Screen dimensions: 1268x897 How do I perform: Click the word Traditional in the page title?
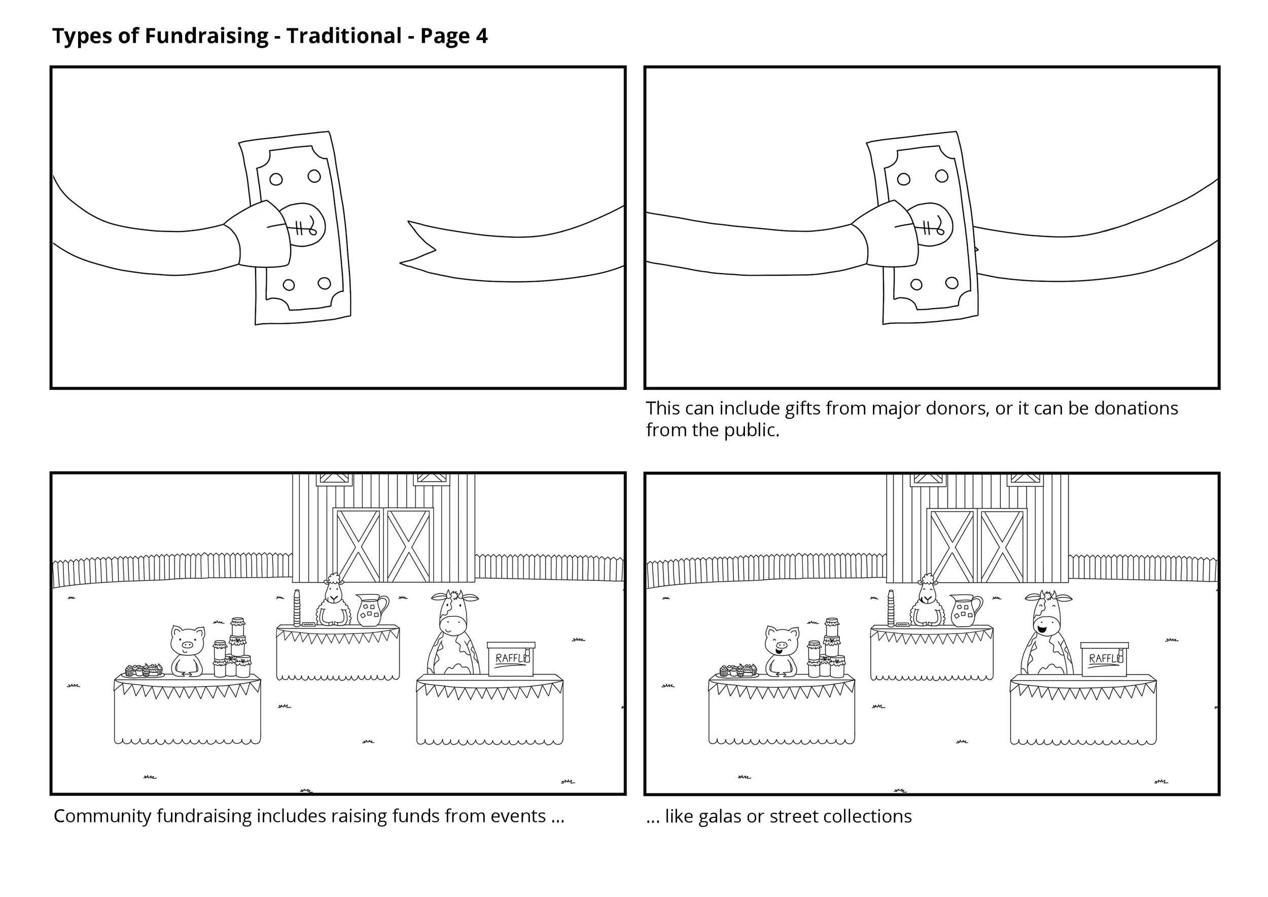[343, 36]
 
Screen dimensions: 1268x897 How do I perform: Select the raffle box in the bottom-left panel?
[511, 659]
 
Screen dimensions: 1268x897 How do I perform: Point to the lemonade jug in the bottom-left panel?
[371, 610]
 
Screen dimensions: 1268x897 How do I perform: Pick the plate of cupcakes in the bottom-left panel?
[144, 671]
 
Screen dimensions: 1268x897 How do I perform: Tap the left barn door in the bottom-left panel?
[358, 546]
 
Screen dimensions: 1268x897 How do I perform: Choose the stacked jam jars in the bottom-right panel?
[828, 649]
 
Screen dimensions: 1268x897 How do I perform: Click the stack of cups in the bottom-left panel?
[297, 608]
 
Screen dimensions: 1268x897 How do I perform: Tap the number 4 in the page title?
[481, 36]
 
